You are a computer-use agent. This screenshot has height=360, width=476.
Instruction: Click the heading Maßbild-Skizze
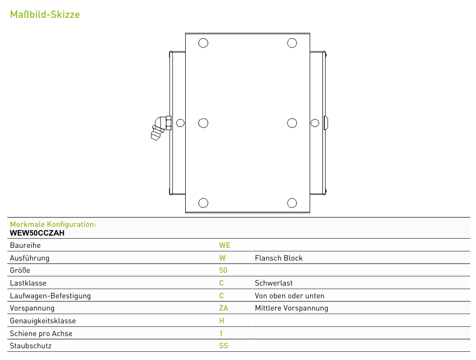[45, 14]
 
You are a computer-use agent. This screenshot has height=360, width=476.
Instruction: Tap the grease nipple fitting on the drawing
[161, 127]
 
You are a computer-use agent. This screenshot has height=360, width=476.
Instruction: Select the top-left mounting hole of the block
[204, 43]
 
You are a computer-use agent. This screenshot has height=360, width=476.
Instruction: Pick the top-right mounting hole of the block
[292, 43]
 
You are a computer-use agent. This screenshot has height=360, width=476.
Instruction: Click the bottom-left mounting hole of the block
[204, 203]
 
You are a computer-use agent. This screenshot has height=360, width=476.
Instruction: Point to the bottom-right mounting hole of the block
[292, 203]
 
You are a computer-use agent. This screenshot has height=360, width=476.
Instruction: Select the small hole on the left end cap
[180, 123]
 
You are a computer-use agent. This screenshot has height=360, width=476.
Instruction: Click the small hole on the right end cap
[315, 123]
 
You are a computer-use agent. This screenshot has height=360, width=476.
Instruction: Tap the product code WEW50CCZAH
[37, 233]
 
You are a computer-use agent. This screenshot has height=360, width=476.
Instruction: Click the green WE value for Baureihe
[224, 245]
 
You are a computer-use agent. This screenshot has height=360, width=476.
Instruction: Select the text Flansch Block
[279, 258]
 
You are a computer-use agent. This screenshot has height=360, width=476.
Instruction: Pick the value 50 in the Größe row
[223, 270]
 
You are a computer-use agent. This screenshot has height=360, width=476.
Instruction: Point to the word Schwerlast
[273, 283]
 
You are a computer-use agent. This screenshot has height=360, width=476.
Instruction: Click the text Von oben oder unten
[290, 296]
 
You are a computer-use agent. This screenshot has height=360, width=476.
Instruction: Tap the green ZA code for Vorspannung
[223, 308]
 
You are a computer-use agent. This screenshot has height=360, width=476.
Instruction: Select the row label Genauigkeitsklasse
[43, 321]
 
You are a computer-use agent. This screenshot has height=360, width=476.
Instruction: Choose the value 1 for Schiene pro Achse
[221, 333]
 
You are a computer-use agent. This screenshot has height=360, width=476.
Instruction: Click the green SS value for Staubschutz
[223, 346]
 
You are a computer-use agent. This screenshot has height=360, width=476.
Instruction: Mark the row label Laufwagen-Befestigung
[51, 296]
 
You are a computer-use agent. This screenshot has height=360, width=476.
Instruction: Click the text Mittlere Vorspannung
[291, 308]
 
